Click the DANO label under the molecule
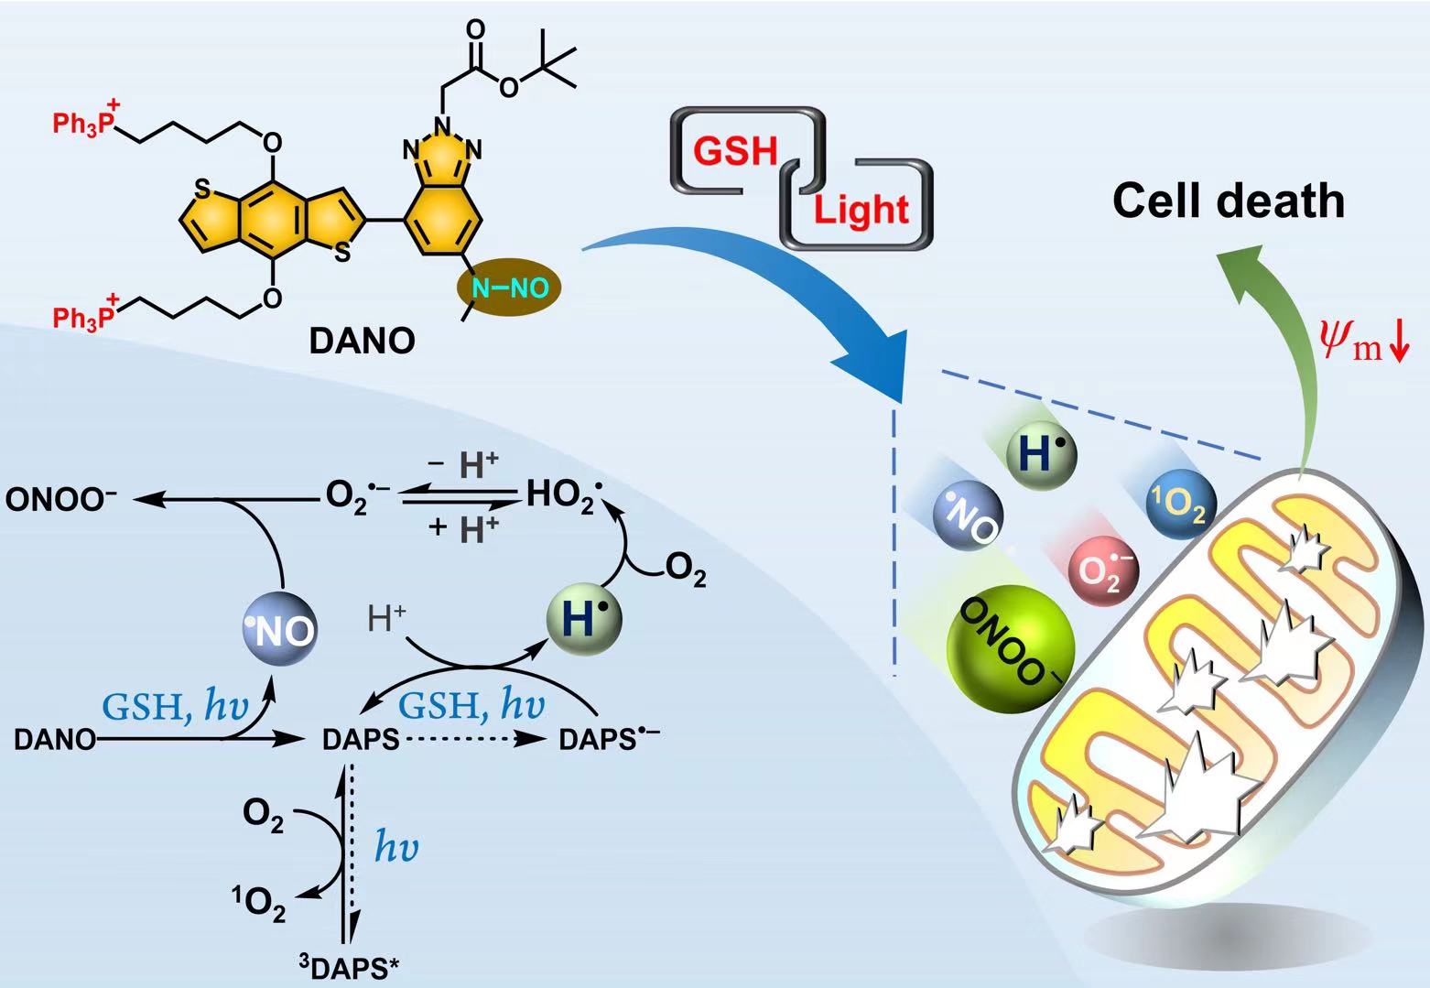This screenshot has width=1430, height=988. [362, 342]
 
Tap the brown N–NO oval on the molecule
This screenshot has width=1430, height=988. [508, 289]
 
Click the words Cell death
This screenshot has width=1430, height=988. [1229, 201]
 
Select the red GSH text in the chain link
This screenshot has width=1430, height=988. [735, 150]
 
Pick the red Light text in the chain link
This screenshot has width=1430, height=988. [861, 210]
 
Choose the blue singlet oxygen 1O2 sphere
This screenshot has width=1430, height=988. [1182, 505]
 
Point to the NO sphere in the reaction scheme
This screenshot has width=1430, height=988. [281, 627]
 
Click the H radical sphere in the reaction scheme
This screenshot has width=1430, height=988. [583, 619]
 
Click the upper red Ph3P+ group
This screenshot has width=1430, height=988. [85, 123]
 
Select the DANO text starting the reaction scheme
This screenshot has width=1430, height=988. [54, 739]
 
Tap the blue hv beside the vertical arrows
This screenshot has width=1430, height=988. [395, 848]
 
